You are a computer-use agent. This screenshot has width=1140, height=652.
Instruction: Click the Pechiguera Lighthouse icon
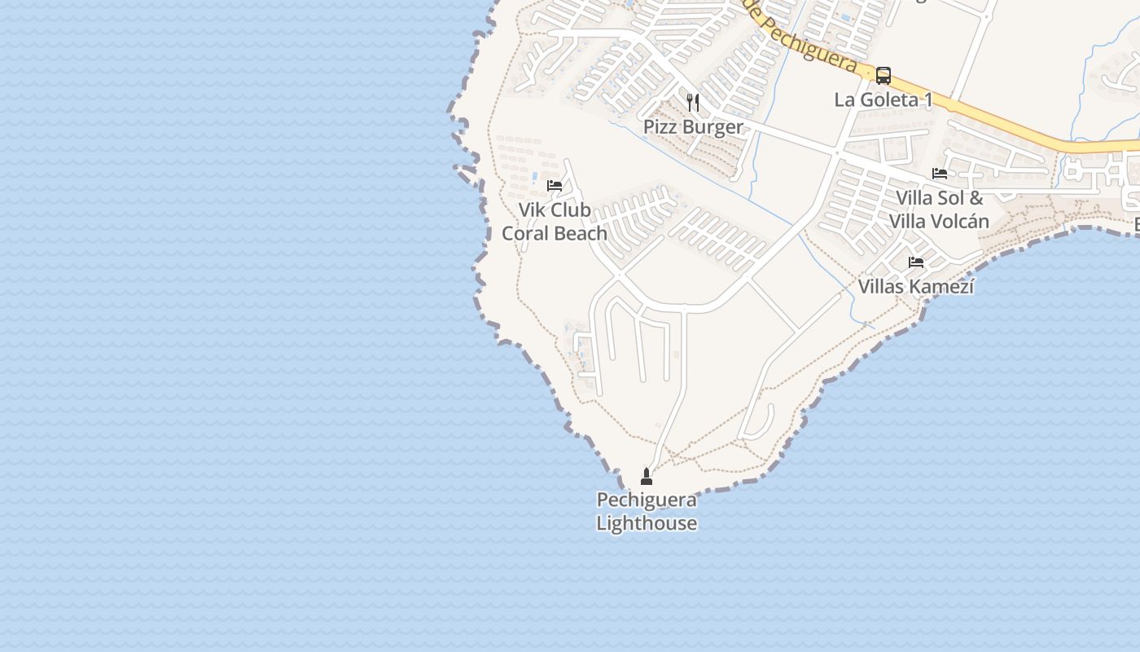[x=647, y=477]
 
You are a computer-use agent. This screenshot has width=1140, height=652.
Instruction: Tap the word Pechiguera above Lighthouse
[x=647, y=500]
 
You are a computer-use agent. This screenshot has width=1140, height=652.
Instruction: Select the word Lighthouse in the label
[x=647, y=523]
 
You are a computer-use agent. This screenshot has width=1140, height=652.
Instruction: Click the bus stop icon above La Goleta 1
[x=883, y=76]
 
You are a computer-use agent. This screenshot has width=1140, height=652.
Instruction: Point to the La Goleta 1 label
[x=883, y=100]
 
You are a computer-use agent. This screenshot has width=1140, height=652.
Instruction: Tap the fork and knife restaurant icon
[x=693, y=102]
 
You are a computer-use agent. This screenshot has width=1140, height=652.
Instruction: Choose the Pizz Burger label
[x=693, y=127]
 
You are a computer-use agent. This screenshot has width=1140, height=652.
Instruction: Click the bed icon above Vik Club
[x=555, y=186]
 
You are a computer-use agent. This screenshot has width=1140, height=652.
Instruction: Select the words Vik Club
[x=555, y=210]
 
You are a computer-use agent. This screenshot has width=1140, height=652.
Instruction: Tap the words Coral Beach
[x=555, y=234]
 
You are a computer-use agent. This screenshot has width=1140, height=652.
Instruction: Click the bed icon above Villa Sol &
[x=940, y=174]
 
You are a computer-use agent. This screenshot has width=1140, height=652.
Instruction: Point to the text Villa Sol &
[x=940, y=198]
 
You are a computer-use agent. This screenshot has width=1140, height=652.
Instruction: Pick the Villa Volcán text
[x=940, y=222]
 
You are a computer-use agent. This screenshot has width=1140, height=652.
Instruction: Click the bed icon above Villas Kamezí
[x=916, y=262]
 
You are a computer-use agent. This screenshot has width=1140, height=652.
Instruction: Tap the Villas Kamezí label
[x=916, y=287]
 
